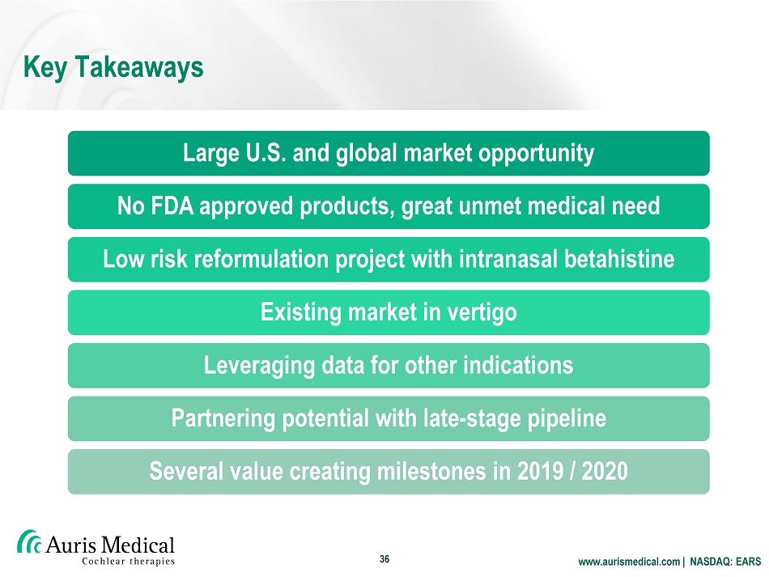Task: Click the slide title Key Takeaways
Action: point(113,67)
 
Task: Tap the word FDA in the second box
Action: point(172,206)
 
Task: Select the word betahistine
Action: point(619,259)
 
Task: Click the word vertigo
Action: point(480,312)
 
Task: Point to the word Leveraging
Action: point(258,366)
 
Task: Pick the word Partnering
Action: point(223,418)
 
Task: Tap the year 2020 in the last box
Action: point(605,471)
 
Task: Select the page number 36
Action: point(384,559)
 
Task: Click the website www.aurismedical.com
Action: point(629,562)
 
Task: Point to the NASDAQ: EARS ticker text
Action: point(725,562)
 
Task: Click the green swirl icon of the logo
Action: point(29,542)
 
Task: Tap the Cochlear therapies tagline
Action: point(128,562)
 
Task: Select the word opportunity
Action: point(536,154)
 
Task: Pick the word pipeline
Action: point(567,418)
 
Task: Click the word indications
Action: point(518,365)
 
